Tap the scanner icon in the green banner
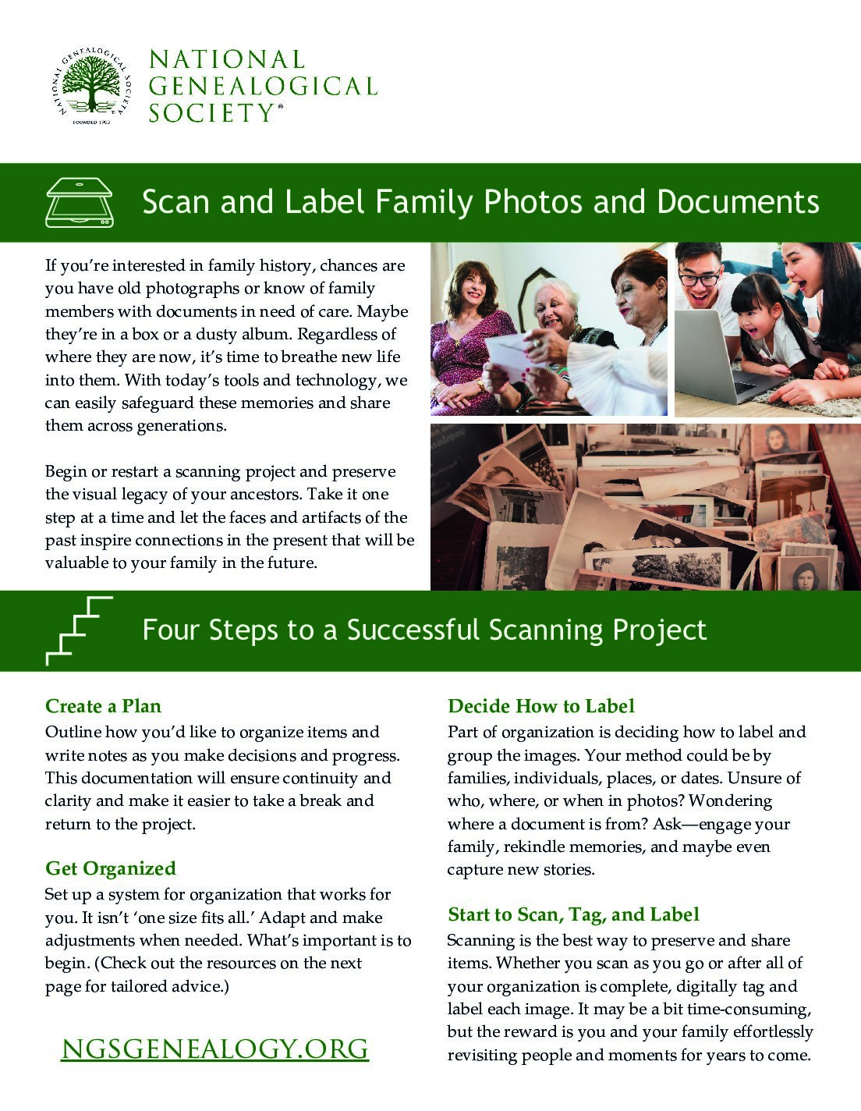[x=80, y=202]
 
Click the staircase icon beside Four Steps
[x=80, y=630]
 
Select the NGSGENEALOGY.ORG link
[x=214, y=1049]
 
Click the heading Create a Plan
[x=103, y=706]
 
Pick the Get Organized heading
[x=111, y=868]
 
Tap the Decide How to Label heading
[x=541, y=706]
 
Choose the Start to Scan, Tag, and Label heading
[x=573, y=914]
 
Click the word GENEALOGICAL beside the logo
[x=263, y=86]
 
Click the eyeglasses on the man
[x=699, y=279]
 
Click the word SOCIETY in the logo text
[x=209, y=113]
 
